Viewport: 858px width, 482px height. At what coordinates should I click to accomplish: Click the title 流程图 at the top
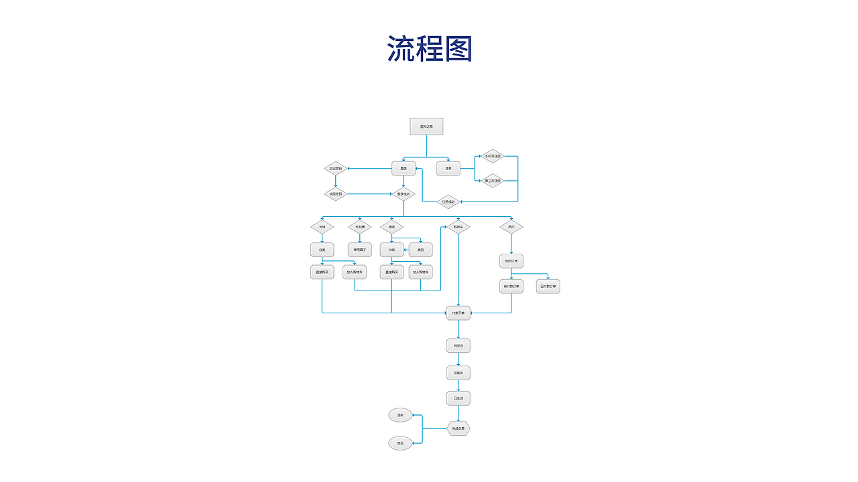coord(430,49)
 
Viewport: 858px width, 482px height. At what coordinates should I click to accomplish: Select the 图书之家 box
coord(426,127)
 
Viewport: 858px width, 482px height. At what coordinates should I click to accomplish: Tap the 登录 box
coord(404,169)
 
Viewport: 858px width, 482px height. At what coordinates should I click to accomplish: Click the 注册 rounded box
coord(448,169)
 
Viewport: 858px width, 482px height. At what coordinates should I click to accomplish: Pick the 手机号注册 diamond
coord(493,156)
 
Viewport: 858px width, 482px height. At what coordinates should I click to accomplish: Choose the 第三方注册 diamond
coord(493,181)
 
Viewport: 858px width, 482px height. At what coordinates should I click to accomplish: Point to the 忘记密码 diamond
coord(336,169)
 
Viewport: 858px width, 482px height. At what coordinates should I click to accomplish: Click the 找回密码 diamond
coord(336,194)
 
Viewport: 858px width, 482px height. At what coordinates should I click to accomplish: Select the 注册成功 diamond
coord(448,202)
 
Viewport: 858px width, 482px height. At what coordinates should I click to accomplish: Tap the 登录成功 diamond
coord(404,194)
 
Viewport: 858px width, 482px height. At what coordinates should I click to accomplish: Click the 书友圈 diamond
coord(360,228)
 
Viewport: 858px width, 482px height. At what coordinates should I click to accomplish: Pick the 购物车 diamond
coord(458,228)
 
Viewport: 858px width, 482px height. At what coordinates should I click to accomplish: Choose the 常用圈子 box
coord(360,250)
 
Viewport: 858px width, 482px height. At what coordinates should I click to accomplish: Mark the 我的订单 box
coord(511,261)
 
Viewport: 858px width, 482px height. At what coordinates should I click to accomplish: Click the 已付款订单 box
coord(548,287)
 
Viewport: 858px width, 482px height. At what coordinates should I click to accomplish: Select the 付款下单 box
coord(458,313)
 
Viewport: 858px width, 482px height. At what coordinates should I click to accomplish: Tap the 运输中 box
coord(458,372)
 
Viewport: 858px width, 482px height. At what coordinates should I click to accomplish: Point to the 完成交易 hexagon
coord(458,428)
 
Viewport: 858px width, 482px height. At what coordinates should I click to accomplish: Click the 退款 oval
coord(400,416)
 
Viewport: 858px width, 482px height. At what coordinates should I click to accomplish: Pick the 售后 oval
coord(400,443)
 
